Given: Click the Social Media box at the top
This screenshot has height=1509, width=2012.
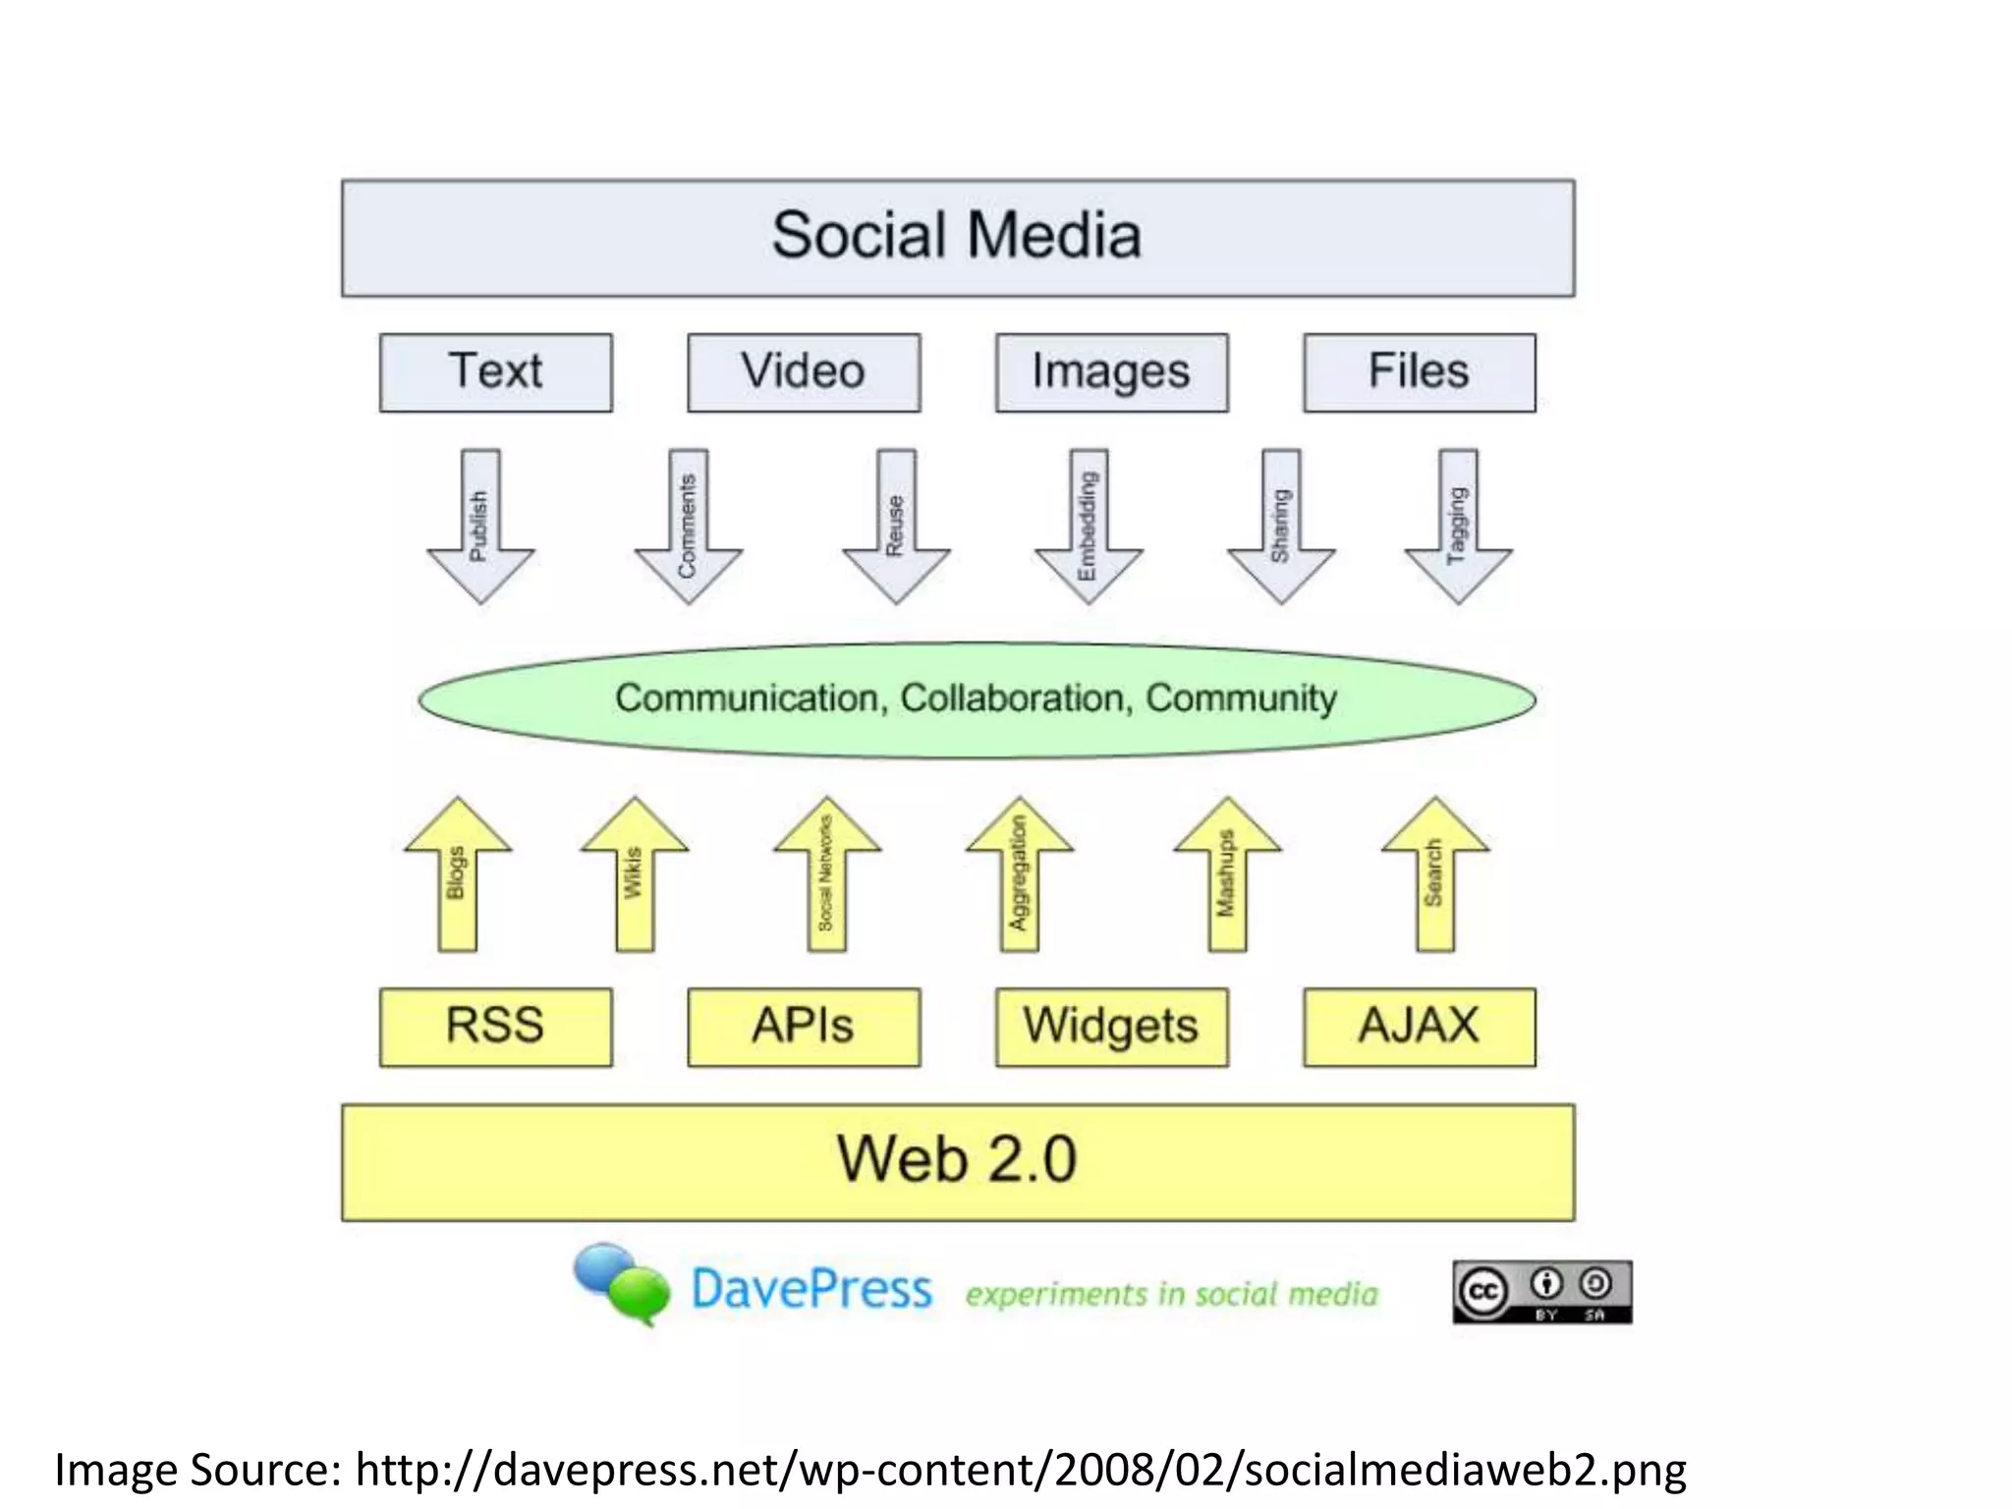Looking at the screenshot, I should [958, 238].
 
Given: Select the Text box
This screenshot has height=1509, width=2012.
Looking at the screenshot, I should [496, 372].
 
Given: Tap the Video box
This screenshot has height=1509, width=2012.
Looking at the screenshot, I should [804, 372].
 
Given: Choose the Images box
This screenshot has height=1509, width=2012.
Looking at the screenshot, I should [1111, 372].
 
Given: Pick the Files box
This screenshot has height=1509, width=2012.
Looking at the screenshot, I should [1419, 372].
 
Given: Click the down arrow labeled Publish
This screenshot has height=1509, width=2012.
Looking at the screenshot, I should [480, 526].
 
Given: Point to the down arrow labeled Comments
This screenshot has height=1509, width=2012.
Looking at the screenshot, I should [688, 526].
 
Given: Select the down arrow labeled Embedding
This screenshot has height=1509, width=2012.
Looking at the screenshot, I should [1089, 526].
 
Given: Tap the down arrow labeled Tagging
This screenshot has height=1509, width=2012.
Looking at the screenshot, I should [1458, 526].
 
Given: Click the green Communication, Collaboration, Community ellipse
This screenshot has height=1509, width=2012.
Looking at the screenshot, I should [977, 699].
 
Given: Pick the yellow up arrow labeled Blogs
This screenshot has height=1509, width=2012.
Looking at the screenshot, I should [458, 874].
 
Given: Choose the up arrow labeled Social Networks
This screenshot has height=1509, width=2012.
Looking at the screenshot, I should [827, 874].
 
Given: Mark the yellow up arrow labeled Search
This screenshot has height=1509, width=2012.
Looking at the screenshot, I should [1435, 874].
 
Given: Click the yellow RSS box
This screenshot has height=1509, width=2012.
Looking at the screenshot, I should [496, 1027].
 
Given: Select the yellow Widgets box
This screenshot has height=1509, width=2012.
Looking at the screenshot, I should [1111, 1027].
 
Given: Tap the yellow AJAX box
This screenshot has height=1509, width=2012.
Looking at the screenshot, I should [1419, 1027].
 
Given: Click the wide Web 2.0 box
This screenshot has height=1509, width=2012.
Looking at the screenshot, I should [958, 1161].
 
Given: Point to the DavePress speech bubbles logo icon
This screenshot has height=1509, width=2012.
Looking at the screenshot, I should [623, 1283].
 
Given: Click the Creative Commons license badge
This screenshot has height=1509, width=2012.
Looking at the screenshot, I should [1541, 1292].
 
